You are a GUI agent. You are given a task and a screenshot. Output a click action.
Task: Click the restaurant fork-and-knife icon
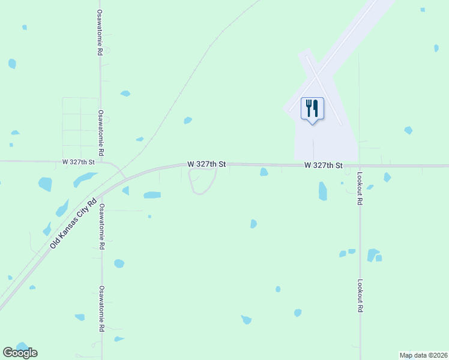click(312, 109)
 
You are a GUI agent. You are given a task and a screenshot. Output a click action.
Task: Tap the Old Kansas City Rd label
click(73, 225)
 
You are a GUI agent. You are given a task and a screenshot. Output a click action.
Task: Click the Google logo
click(20, 353)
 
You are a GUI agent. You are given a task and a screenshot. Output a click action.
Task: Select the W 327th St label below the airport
click(323, 165)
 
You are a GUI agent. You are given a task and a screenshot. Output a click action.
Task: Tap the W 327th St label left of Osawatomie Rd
click(79, 163)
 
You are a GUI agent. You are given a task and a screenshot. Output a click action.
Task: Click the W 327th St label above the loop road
click(206, 164)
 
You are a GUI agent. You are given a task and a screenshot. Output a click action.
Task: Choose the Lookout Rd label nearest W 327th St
click(360, 190)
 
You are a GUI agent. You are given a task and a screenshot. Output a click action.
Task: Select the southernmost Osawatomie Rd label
click(102, 309)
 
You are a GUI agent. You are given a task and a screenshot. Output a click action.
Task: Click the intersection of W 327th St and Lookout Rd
click(359, 166)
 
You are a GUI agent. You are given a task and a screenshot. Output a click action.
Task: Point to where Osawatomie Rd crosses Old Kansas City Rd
click(101, 193)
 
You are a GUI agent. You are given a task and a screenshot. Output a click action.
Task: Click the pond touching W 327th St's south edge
click(264, 172)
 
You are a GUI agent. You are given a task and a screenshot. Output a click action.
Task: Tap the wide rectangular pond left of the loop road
click(152, 195)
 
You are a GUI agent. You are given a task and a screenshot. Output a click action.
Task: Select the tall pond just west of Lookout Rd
click(323, 191)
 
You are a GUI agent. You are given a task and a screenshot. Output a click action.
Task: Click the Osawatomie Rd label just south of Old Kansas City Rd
click(101, 227)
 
